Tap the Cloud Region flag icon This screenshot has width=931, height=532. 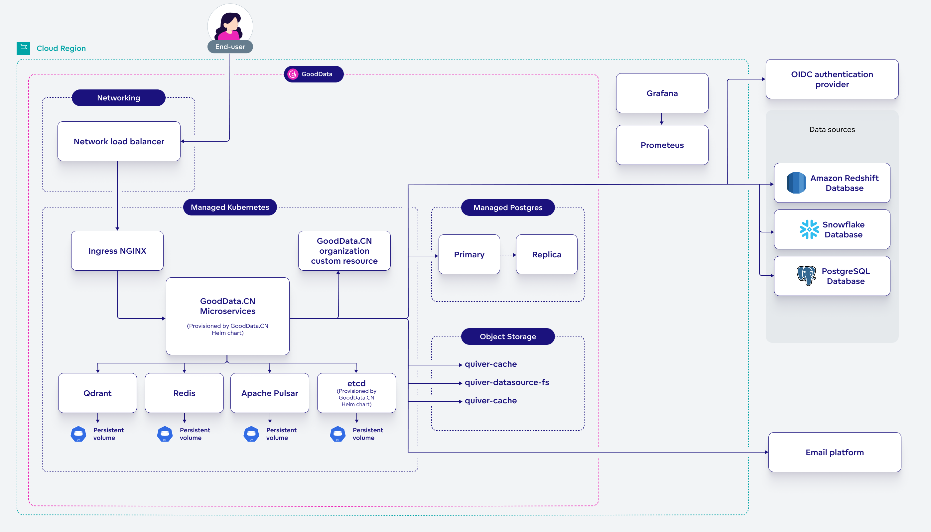[23, 48]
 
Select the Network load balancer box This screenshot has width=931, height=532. [119, 141]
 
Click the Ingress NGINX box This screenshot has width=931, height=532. [117, 251]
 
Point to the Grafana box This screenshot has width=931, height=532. [662, 93]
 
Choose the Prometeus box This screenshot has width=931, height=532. [662, 145]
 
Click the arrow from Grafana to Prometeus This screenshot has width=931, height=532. [662, 119]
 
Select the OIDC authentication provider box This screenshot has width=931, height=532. [832, 79]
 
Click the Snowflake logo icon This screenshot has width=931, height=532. [809, 229]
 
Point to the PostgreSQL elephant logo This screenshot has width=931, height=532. [806, 276]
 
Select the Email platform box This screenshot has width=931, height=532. [834, 452]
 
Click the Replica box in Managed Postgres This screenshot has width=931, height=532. [546, 254]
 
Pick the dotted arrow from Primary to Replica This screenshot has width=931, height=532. [508, 255]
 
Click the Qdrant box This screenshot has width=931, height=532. [97, 393]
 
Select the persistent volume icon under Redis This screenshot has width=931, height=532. [165, 434]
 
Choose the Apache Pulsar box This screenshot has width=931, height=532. [269, 393]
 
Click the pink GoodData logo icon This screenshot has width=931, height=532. [293, 74]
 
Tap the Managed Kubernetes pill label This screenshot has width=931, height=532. [230, 207]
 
